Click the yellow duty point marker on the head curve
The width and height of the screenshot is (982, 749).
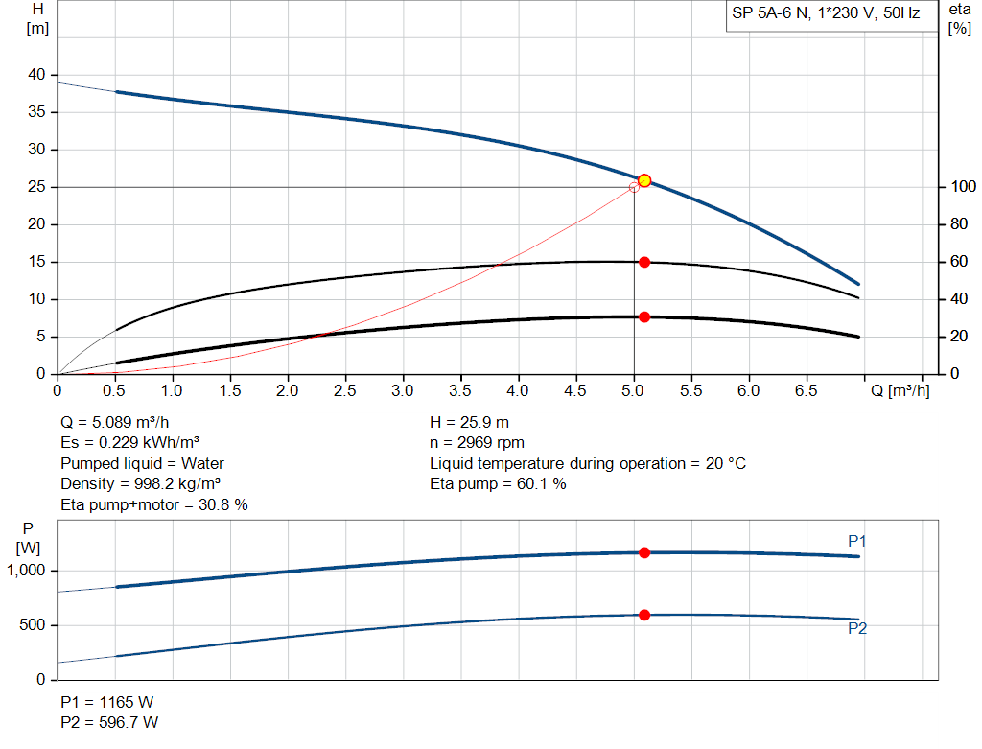coord(644,180)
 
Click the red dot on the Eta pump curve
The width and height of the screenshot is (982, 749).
coord(644,262)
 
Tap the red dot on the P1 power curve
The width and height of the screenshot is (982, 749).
coord(644,552)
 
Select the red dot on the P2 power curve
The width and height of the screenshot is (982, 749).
coord(644,615)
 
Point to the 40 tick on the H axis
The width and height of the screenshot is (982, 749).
coord(37,75)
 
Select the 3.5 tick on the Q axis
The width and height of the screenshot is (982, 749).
coord(461,391)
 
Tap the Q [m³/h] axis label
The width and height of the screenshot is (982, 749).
coord(900,391)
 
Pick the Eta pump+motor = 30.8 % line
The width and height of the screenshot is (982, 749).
coord(153,504)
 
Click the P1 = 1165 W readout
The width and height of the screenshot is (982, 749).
coord(107,701)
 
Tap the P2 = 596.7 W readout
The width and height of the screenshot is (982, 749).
coord(110,722)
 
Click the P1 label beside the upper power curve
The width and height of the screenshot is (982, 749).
coord(857,542)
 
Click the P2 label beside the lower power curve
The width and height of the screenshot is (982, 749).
coord(857,630)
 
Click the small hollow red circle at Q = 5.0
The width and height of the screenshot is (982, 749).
coord(634,187)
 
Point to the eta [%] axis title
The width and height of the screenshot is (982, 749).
coord(959,18)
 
